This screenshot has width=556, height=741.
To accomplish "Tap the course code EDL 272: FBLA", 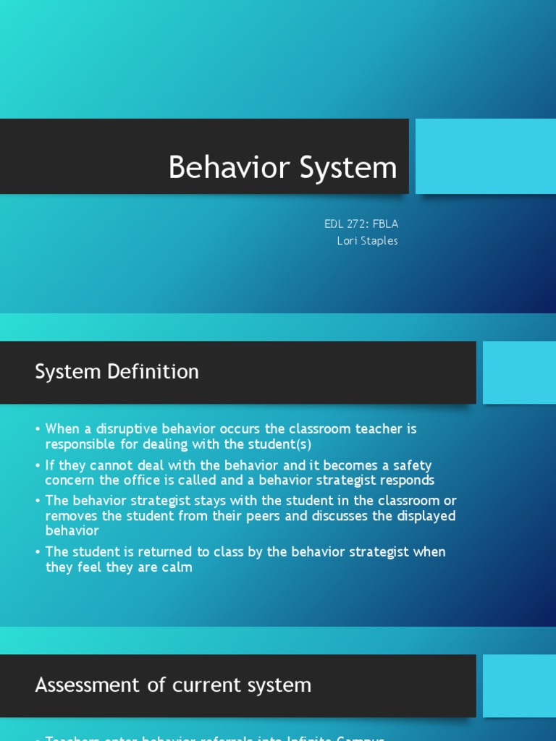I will coord(361,224).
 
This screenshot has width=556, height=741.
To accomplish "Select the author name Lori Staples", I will coord(367,241).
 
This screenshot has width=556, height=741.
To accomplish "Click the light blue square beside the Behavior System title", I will coord(486,156).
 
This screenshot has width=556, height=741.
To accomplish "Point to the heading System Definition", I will coord(117,372).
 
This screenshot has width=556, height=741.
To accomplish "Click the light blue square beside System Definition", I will coord(519,373).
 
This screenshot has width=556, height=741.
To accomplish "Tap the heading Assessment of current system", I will coord(173,685).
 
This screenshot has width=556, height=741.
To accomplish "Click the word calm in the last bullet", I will coord(177,567).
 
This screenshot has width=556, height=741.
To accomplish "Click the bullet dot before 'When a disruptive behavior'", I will coord(38,429).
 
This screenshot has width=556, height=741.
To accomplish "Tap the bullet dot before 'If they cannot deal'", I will coord(38,466).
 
